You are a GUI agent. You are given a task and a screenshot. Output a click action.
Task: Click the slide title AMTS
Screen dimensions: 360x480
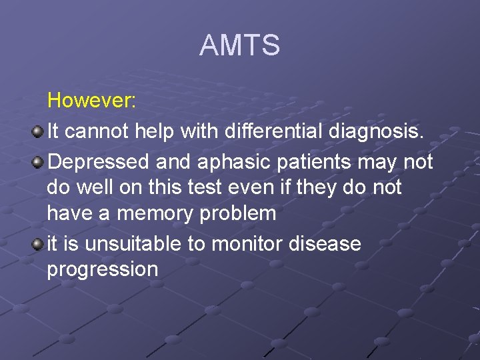[x=239, y=46]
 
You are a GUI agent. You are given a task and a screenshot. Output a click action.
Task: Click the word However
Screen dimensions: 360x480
[x=91, y=101]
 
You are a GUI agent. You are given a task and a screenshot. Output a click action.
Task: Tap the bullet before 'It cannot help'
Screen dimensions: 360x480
[x=38, y=131]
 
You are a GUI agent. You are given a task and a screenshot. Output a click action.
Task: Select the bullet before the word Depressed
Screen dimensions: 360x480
[x=38, y=162]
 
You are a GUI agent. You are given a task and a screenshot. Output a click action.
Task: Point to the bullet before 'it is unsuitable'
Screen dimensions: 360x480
[x=38, y=244]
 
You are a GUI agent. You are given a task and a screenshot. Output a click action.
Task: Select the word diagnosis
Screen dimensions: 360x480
[x=376, y=132]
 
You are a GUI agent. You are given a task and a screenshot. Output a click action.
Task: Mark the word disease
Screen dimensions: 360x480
[x=325, y=244]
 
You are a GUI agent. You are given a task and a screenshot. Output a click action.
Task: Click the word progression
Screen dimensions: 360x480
[x=102, y=270]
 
